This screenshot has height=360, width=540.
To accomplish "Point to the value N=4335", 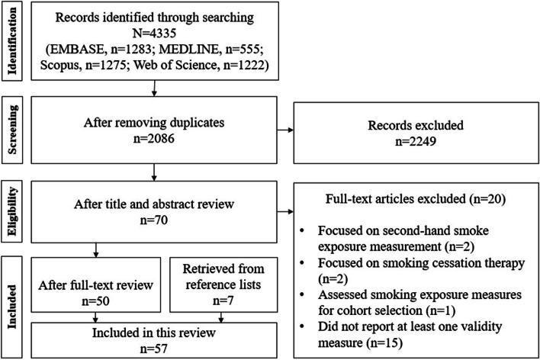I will click(x=156, y=34).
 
